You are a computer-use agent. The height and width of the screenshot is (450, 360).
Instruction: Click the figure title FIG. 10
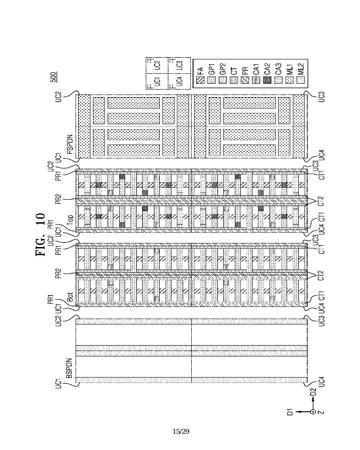(x=40, y=234)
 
